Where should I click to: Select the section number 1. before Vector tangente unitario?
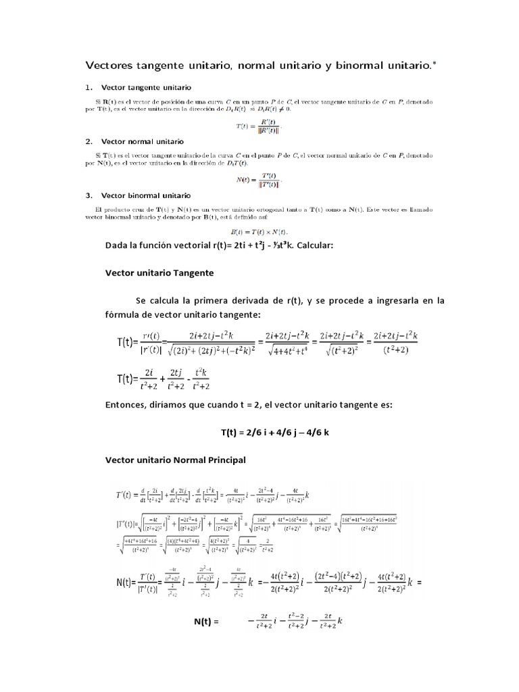pos(89,88)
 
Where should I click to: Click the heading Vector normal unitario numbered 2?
pos(142,142)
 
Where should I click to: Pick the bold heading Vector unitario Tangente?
pos(159,272)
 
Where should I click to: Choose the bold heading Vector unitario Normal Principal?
pos(175,460)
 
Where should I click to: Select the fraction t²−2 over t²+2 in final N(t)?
pos(291,620)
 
